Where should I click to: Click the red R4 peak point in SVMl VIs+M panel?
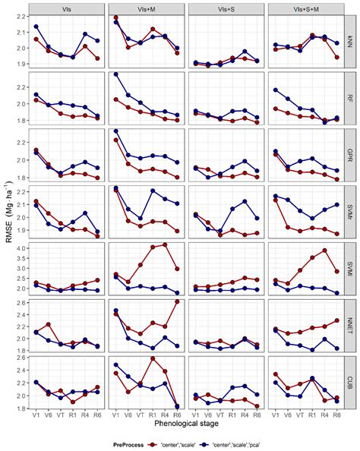point(165,244)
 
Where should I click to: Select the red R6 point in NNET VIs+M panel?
point(178,301)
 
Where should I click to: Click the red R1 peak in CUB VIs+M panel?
point(153,358)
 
